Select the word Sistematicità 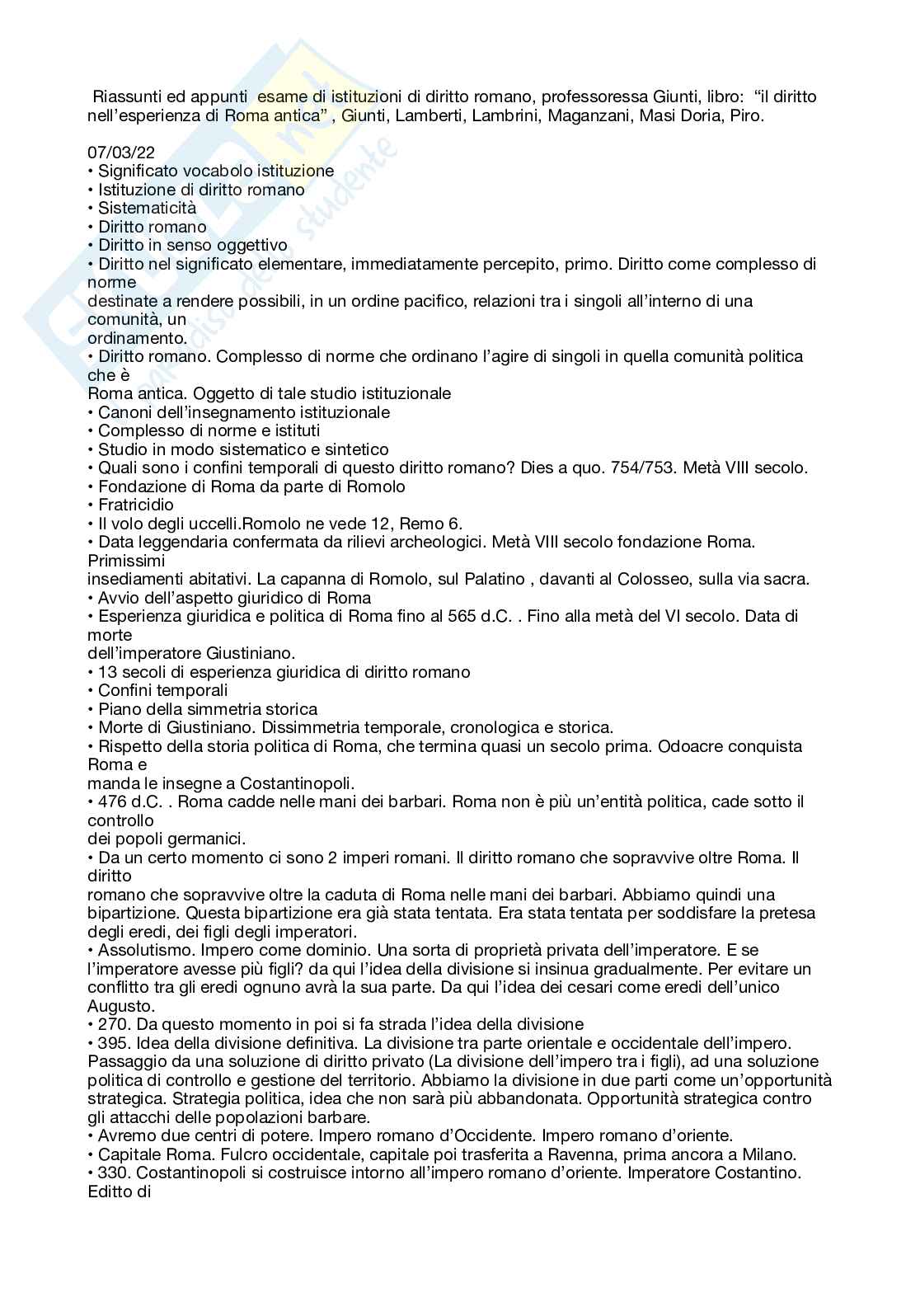tap(147, 208)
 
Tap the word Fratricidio tap(136, 505)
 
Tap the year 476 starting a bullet tap(112, 801)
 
